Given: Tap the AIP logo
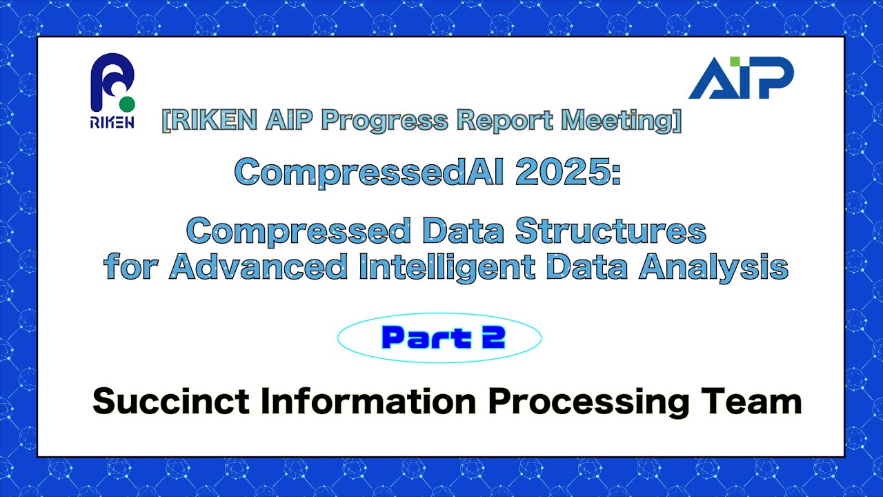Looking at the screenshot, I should click(x=741, y=77).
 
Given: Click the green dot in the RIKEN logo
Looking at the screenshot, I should click(x=126, y=105).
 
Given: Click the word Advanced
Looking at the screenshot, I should click(x=258, y=267).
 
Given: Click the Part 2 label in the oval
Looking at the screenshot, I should click(x=443, y=338).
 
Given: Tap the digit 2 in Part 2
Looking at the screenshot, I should click(x=495, y=338).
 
